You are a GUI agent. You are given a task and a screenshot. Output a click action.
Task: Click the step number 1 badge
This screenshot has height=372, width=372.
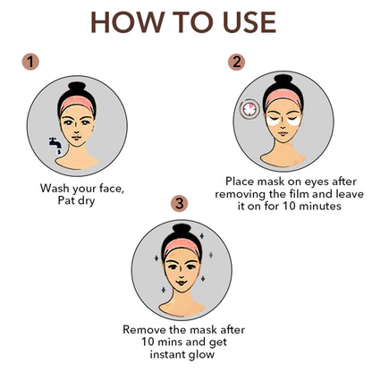click(30, 62)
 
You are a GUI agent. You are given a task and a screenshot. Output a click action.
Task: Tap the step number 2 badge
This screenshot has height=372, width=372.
click(236, 62)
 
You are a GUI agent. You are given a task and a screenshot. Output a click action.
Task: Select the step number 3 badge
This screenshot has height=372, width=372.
click(180, 204)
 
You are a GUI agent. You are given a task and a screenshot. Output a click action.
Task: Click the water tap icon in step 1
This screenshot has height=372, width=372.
click(55, 145)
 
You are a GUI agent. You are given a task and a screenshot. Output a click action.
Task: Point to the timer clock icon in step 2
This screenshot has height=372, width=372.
click(249, 109)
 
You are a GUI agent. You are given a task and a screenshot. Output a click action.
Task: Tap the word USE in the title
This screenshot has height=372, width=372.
click(249, 22)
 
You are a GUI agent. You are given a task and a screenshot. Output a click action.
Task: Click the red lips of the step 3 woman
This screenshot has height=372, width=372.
click(182, 282)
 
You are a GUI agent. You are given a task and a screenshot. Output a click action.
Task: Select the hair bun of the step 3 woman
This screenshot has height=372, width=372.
click(182, 231)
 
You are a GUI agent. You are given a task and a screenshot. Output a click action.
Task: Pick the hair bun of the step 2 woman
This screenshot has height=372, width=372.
click(283, 81)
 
